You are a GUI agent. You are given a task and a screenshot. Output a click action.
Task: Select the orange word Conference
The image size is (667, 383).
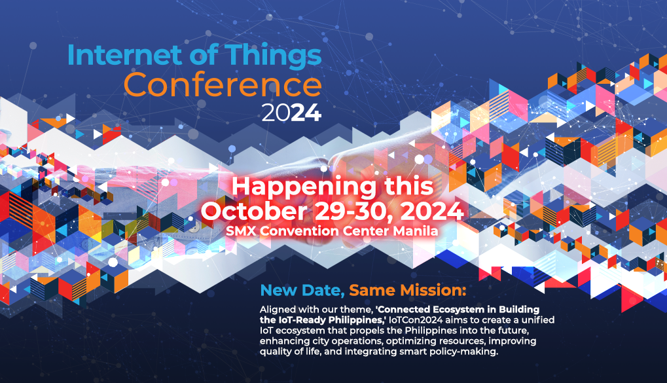click(x=223, y=85)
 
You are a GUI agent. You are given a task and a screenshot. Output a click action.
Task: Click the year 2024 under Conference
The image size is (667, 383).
click(x=291, y=113)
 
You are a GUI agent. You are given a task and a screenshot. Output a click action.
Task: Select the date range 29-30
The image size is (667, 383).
click(x=350, y=212)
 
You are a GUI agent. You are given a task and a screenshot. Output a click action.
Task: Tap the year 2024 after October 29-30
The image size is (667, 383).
click(x=429, y=212)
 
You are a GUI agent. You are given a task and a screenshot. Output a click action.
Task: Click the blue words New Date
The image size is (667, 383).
click(x=300, y=290)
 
